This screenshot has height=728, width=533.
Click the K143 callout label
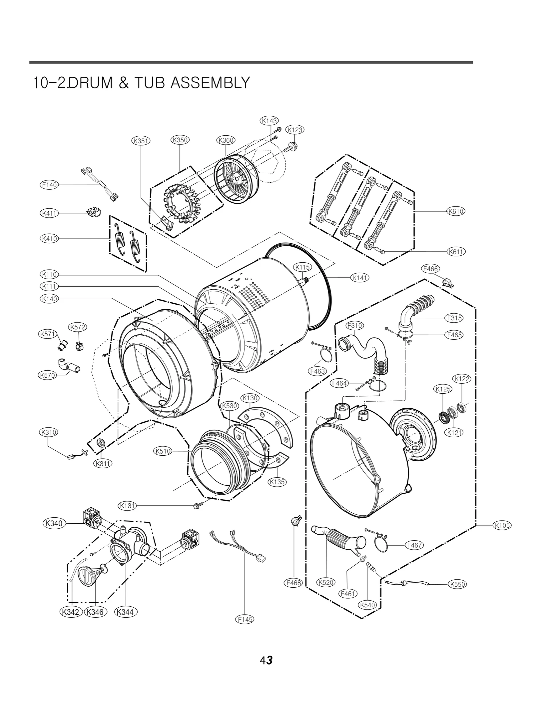pyautogui.click(x=269, y=121)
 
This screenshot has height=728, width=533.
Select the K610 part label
pyautogui.click(x=456, y=211)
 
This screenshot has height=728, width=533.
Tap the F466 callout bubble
pyautogui.click(x=430, y=269)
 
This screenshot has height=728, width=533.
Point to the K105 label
pyautogui.click(x=502, y=525)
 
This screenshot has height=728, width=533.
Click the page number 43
pyautogui.click(x=266, y=660)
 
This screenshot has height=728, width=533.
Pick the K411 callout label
pyautogui.click(x=49, y=213)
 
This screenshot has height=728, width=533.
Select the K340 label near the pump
pyautogui.click(x=54, y=523)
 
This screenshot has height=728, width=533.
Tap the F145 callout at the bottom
pyautogui.click(x=245, y=619)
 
